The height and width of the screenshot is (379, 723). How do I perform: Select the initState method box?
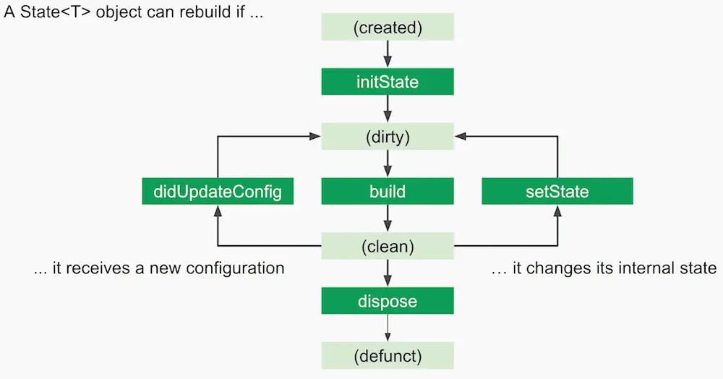pos(388,82)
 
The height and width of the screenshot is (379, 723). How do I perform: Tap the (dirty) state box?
pos(388,136)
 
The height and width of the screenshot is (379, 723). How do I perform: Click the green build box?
pos(388,192)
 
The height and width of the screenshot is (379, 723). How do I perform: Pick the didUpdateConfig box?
pos(218,192)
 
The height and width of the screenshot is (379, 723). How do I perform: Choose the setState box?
pos(557,192)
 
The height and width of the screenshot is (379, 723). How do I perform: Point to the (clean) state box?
pos(388,246)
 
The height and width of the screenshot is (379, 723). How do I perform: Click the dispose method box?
pos(388,300)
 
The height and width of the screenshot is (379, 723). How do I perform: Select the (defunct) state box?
pos(388,355)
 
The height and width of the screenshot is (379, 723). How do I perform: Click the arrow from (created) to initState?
pos(388,54)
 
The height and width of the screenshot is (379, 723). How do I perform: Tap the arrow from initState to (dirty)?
pos(388,108)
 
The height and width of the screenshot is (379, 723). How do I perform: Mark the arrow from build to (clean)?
pos(388,218)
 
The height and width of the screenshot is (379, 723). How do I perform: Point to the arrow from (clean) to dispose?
pos(388,273)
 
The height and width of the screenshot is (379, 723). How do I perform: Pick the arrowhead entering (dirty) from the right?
pos(461,136)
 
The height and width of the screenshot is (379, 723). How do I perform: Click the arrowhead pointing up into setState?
pos(557,210)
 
